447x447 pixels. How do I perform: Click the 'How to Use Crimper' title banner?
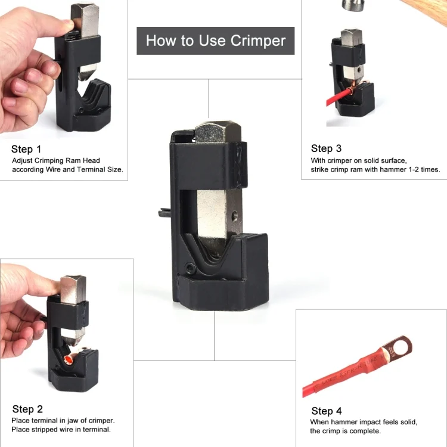pyautogui.click(x=215, y=41)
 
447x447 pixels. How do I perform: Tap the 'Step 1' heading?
pyautogui.click(x=26, y=149)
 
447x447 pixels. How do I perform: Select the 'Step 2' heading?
pyautogui.click(x=27, y=409)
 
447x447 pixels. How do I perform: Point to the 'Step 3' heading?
pyautogui.click(x=326, y=148)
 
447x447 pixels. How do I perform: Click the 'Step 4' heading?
pyautogui.click(x=327, y=411)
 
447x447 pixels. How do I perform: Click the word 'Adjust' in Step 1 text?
pyautogui.click(x=23, y=160)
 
